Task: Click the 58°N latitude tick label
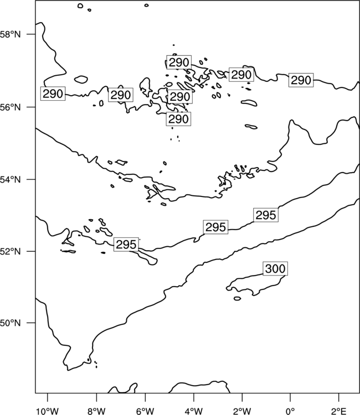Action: [x=10, y=34]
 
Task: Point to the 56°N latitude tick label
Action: [x=10, y=107]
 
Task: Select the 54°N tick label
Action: [x=10, y=180]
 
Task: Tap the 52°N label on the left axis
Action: [x=10, y=251]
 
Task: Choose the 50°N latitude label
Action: [x=10, y=323]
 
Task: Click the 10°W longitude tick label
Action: [x=47, y=411]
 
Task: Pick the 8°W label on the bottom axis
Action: [x=96, y=411]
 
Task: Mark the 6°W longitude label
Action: [x=145, y=411]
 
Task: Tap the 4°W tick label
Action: [x=193, y=411]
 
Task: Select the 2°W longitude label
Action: [x=242, y=411]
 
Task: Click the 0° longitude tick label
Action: [x=290, y=411]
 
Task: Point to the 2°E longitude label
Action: [x=338, y=411]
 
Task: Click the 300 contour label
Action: [x=275, y=268]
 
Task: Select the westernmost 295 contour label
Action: [x=126, y=245]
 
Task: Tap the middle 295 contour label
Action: [x=215, y=227]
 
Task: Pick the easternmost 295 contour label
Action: [x=266, y=215]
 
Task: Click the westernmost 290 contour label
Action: [x=53, y=94]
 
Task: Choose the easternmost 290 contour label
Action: [x=301, y=80]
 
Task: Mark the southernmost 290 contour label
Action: [x=178, y=119]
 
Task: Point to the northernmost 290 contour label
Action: [x=179, y=63]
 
